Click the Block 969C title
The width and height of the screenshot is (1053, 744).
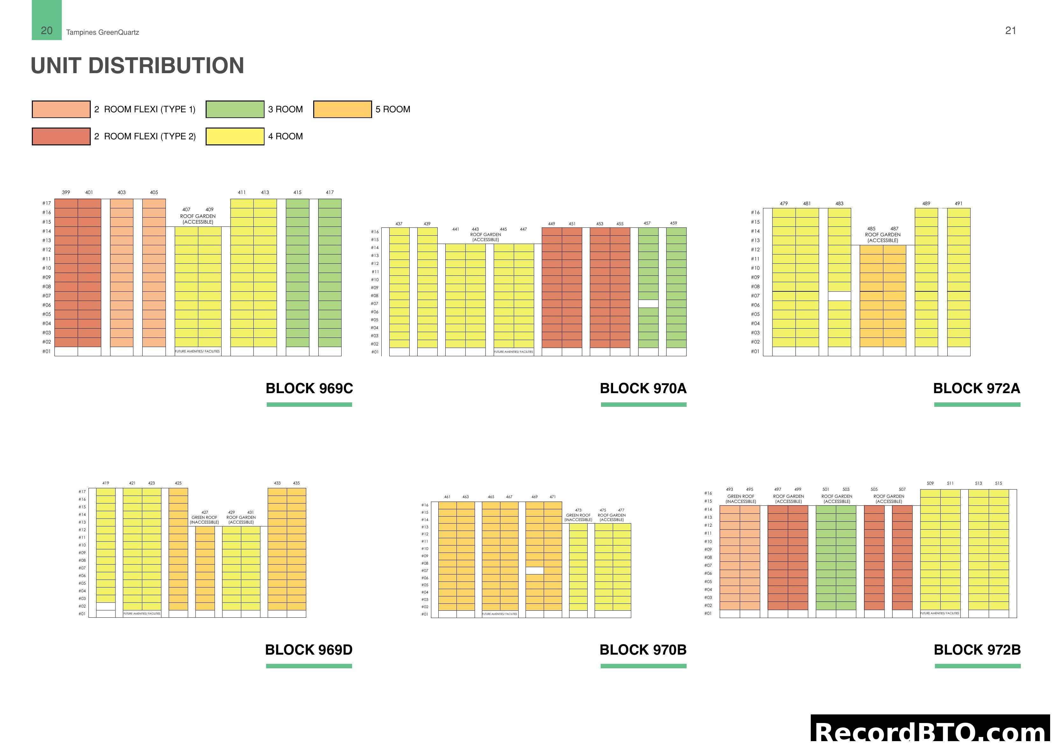click(309, 388)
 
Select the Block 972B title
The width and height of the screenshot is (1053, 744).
click(977, 650)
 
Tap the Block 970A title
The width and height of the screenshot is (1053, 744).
click(643, 388)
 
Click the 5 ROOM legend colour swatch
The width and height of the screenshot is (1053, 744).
click(342, 109)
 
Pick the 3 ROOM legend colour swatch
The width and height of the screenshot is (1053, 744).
click(235, 109)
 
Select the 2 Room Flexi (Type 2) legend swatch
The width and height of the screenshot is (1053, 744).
click(61, 136)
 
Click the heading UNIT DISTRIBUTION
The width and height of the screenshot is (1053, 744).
click(137, 66)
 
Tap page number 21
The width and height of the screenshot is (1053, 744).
click(1010, 31)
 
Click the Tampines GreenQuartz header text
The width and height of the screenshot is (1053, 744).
click(102, 32)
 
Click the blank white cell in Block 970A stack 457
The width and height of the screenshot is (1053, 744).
click(648, 303)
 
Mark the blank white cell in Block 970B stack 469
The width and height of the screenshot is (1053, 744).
click(534, 571)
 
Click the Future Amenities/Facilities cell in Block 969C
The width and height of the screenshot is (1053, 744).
click(198, 351)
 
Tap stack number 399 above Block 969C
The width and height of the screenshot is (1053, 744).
click(66, 192)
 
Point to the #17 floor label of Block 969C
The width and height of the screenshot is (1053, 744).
click(46, 203)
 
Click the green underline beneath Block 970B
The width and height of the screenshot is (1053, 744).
click(643, 666)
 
